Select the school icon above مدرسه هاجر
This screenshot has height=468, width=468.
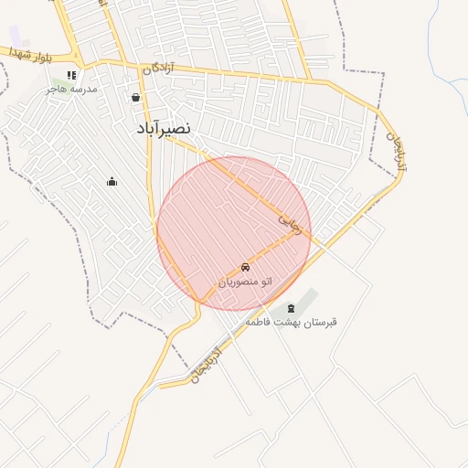tap(71, 75)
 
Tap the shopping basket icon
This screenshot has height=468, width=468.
tap(136, 98)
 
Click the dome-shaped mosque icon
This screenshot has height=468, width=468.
tap(112, 181)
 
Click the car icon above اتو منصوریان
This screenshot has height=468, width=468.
tap(245, 267)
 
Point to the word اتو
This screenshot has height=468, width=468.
tap(266, 282)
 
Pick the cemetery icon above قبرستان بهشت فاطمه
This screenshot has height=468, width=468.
tap(292, 308)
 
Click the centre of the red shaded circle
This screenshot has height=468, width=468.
tap(234, 233)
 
